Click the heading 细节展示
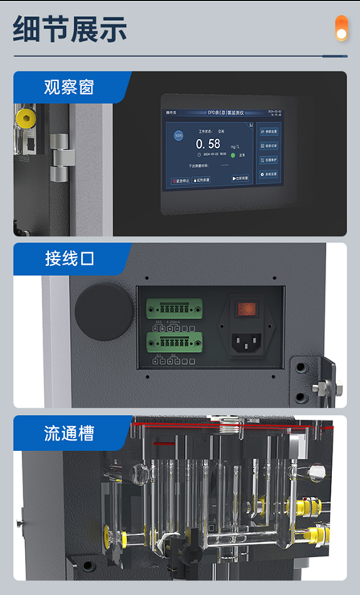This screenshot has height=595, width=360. click(x=71, y=29)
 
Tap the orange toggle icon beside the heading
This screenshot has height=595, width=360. click(x=341, y=27)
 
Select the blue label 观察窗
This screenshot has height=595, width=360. click(x=68, y=87)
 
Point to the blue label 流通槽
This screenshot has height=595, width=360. click(x=69, y=433)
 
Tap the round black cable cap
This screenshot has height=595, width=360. click(x=104, y=311)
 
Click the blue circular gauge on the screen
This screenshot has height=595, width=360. click(x=178, y=136)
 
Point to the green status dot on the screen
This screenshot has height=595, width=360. click(x=232, y=156)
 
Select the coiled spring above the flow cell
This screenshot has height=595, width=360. click(x=231, y=425)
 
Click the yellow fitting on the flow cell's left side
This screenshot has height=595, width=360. click(x=105, y=533)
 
